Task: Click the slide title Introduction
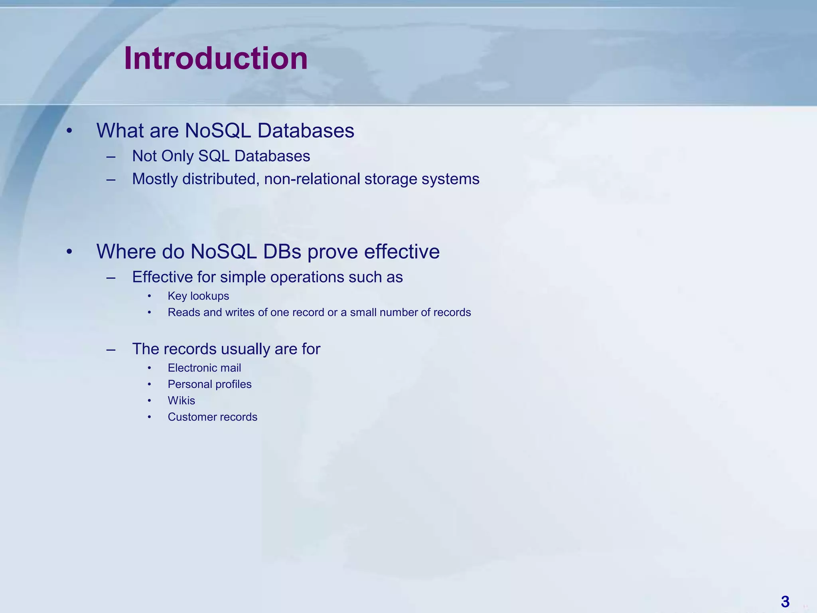[x=215, y=59]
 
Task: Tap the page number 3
[x=785, y=601]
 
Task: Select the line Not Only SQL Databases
[x=221, y=156]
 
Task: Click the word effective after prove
[x=402, y=251]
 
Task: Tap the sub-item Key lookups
[x=198, y=296]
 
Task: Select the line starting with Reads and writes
[x=319, y=312]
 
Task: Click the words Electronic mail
[x=204, y=368]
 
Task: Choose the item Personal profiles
[x=209, y=384]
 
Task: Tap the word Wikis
[x=181, y=401]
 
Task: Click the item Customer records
[x=212, y=417]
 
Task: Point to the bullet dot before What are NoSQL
[x=69, y=131]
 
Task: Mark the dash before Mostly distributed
[x=111, y=180]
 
